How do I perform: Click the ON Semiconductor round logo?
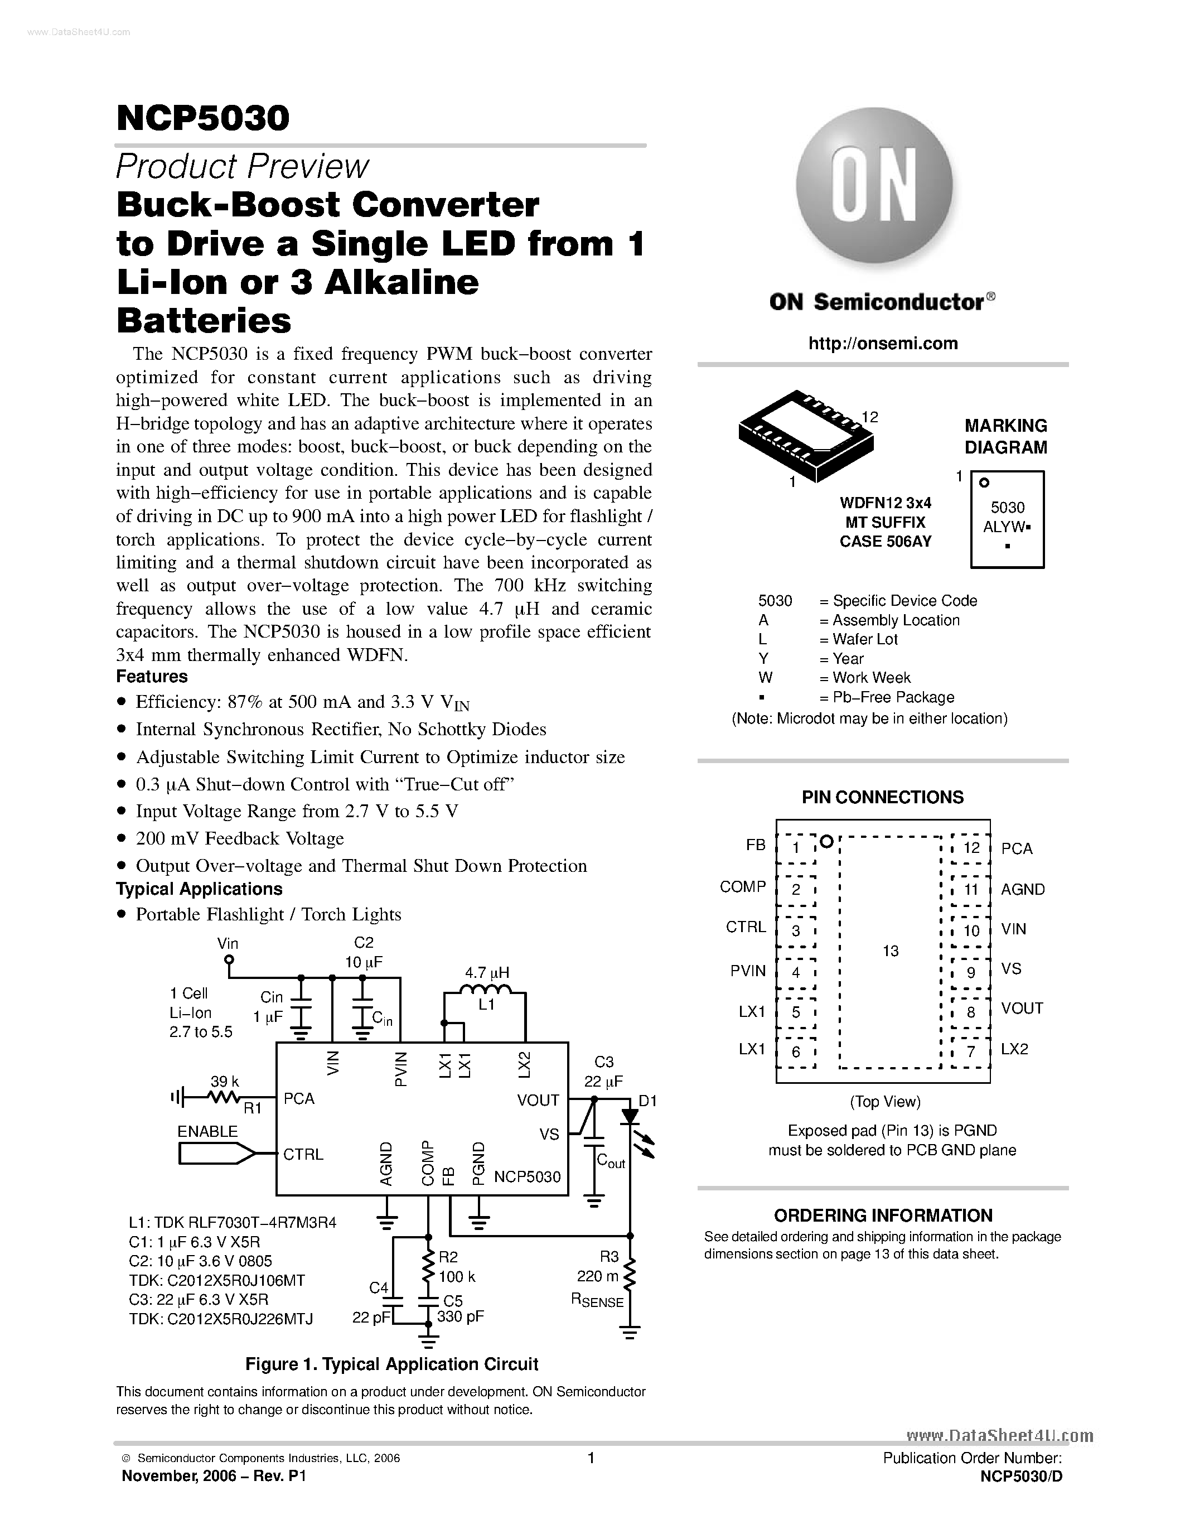pos(874,186)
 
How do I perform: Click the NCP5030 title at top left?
pos(203,118)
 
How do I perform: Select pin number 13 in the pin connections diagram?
pos(890,951)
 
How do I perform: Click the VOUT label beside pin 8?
pos(1022,1008)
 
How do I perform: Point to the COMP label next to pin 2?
pos(743,887)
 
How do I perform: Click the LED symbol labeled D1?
pos(630,1117)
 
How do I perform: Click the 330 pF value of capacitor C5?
pos(460,1316)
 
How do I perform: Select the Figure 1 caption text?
pos(391,1364)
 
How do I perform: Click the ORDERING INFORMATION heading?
pos(882,1215)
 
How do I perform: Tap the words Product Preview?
pos(241,166)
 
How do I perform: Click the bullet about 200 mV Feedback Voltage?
pos(239,838)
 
